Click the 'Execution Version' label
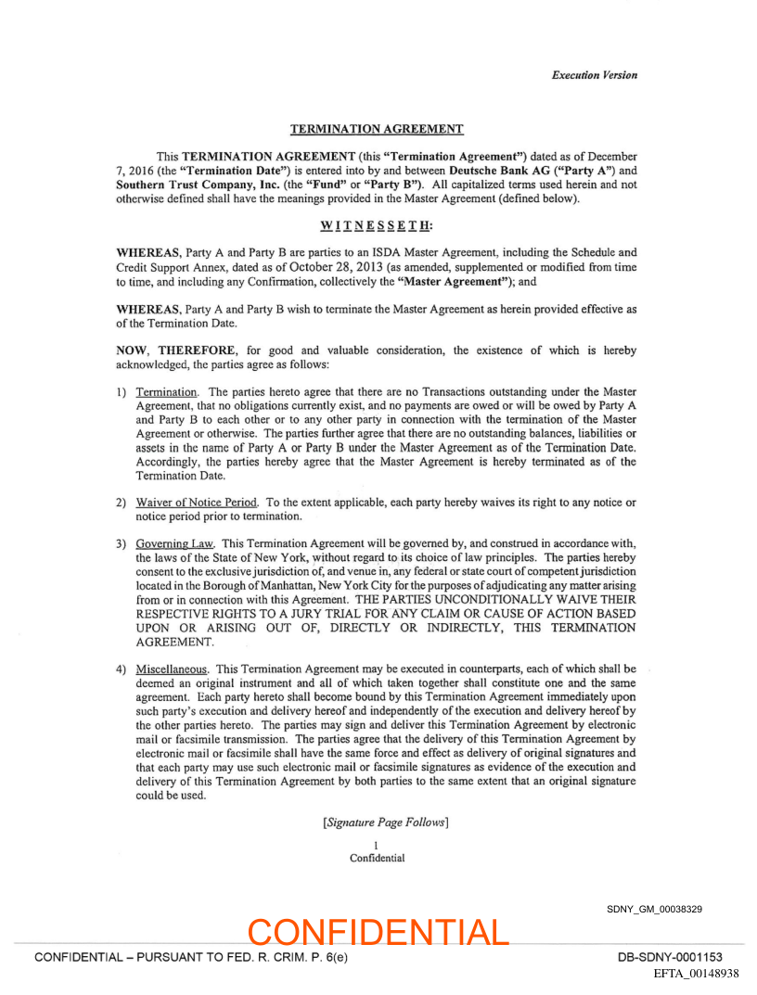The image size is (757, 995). point(594,75)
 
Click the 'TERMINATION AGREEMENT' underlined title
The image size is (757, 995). point(377,129)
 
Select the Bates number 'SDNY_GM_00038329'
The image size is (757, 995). point(654,909)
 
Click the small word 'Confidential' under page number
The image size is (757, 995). point(377,858)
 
